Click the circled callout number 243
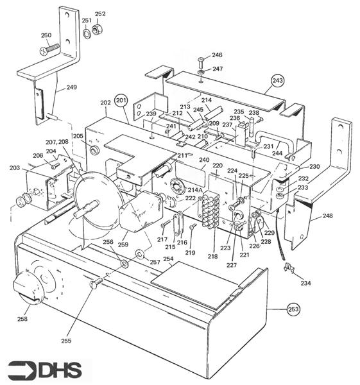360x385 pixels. pyautogui.click(x=278, y=81)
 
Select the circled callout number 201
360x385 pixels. pyautogui.click(x=121, y=101)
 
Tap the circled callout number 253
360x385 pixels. pyautogui.click(x=293, y=309)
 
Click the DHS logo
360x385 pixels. pyautogui.click(x=45, y=370)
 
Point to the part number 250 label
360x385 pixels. pyautogui.click(x=46, y=35)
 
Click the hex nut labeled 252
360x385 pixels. pyautogui.click(x=98, y=30)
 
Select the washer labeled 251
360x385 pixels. pyautogui.click(x=87, y=33)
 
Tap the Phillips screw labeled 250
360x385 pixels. pyautogui.click(x=49, y=49)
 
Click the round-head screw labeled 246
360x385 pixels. pyautogui.click(x=201, y=63)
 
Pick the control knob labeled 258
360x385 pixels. pyautogui.click(x=28, y=286)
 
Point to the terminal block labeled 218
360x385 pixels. pyautogui.click(x=210, y=209)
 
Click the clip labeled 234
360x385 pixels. pyautogui.click(x=289, y=268)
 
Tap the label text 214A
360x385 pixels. pyautogui.click(x=195, y=190)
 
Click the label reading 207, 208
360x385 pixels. pyautogui.click(x=57, y=142)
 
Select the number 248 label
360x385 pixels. pyautogui.click(x=327, y=216)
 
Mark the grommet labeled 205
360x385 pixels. pyautogui.click(x=93, y=150)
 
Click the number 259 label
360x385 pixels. pyautogui.click(x=123, y=244)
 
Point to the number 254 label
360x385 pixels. pyautogui.click(x=168, y=259)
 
